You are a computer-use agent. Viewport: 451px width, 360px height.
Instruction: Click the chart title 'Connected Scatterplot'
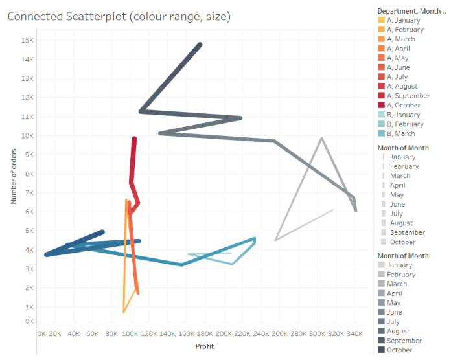pyautogui.click(x=119, y=16)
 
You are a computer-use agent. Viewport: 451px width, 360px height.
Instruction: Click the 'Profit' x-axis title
pyautogui.click(x=204, y=346)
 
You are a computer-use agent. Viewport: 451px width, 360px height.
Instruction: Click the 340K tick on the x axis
pyautogui.click(x=354, y=333)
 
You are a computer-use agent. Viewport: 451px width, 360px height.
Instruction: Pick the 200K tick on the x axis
pyautogui.click(x=224, y=333)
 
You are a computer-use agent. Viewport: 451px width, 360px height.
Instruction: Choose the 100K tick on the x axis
pyautogui.click(x=130, y=333)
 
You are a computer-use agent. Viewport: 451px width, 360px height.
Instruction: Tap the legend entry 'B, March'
pyautogui.click(x=400, y=133)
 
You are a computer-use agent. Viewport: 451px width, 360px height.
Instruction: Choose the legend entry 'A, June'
pyautogui.click(x=398, y=67)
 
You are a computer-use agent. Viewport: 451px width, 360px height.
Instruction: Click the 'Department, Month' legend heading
pyautogui.click(x=410, y=10)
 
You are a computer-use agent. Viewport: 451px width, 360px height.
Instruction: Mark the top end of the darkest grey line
pyautogui.click(x=200, y=45)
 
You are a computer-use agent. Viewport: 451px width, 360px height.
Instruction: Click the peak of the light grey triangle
pyautogui.click(x=321, y=138)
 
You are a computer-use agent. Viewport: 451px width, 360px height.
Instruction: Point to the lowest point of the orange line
pyautogui.click(x=124, y=312)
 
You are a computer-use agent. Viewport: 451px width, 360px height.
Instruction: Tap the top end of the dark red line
pyautogui.click(x=134, y=139)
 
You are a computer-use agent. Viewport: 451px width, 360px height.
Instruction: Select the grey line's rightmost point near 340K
pyautogui.click(x=356, y=210)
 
